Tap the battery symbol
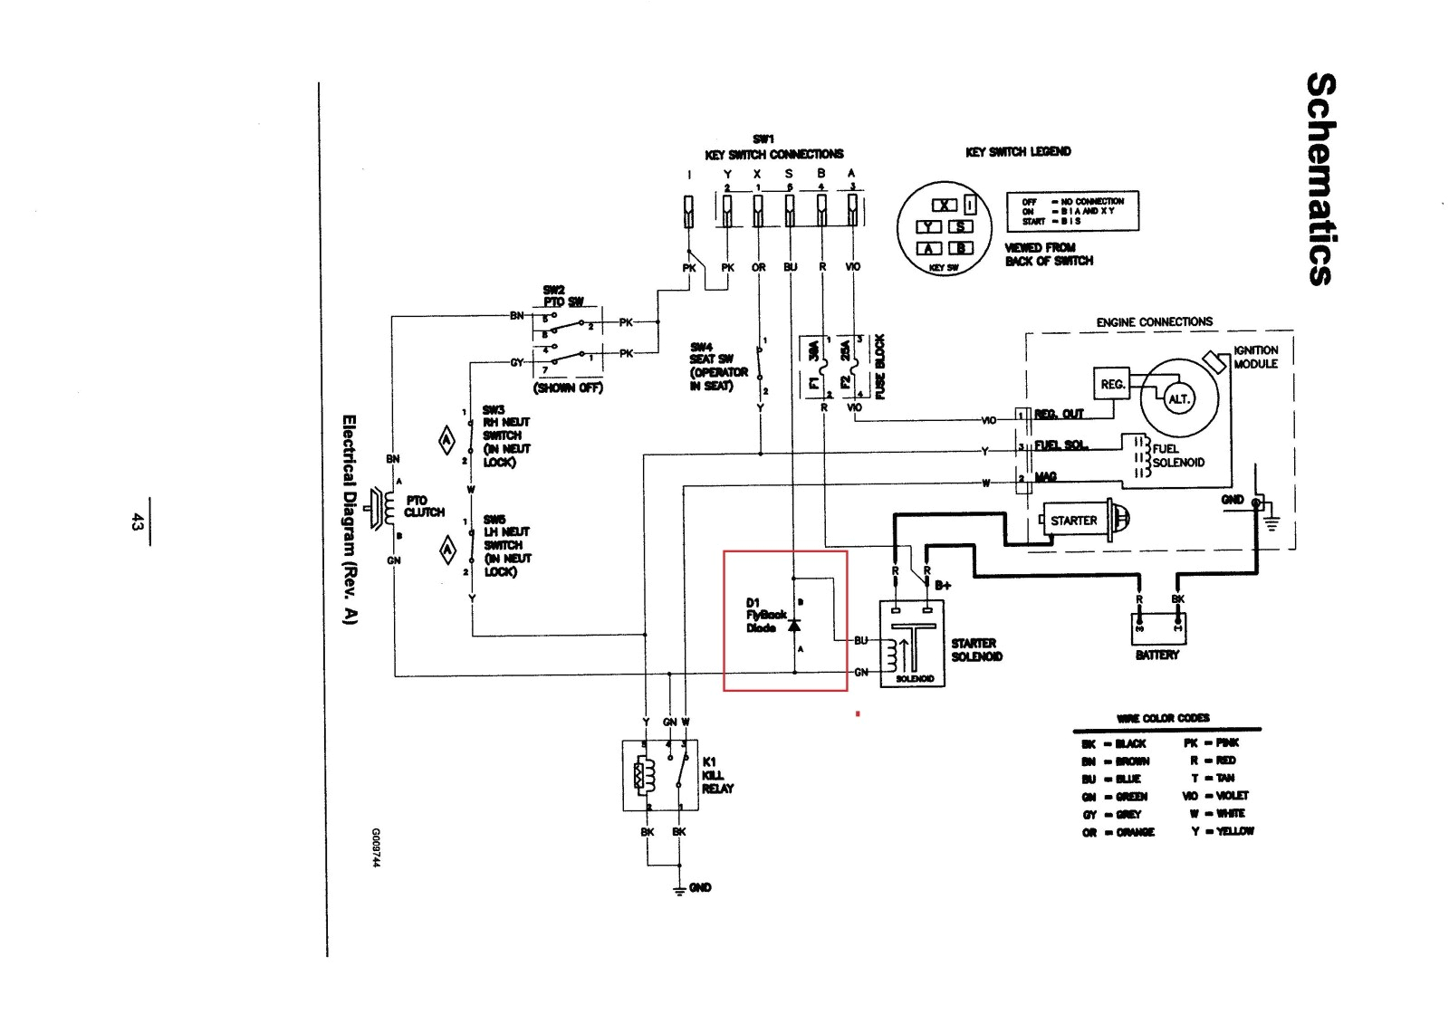tap(1158, 627)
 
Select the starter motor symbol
tap(1082, 521)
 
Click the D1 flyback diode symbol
tap(794, 626)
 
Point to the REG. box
tap(1112, 384)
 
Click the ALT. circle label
tap(1178, 399)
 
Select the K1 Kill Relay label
tap(717, 775)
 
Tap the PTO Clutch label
tap(424, 506)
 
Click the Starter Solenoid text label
tap(976, 649)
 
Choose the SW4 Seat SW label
tap(718, 366)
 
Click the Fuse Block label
tap(878, 366)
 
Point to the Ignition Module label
tap(1255, 357)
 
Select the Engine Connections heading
tap(1154, 321)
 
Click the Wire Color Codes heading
tap(1163, 718)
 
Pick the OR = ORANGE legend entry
tap(1118, 832)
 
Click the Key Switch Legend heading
tap(1018, 151)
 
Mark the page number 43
tap(137, 522)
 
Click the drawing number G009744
tap(375, 847)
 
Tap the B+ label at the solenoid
tap(943, 585)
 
